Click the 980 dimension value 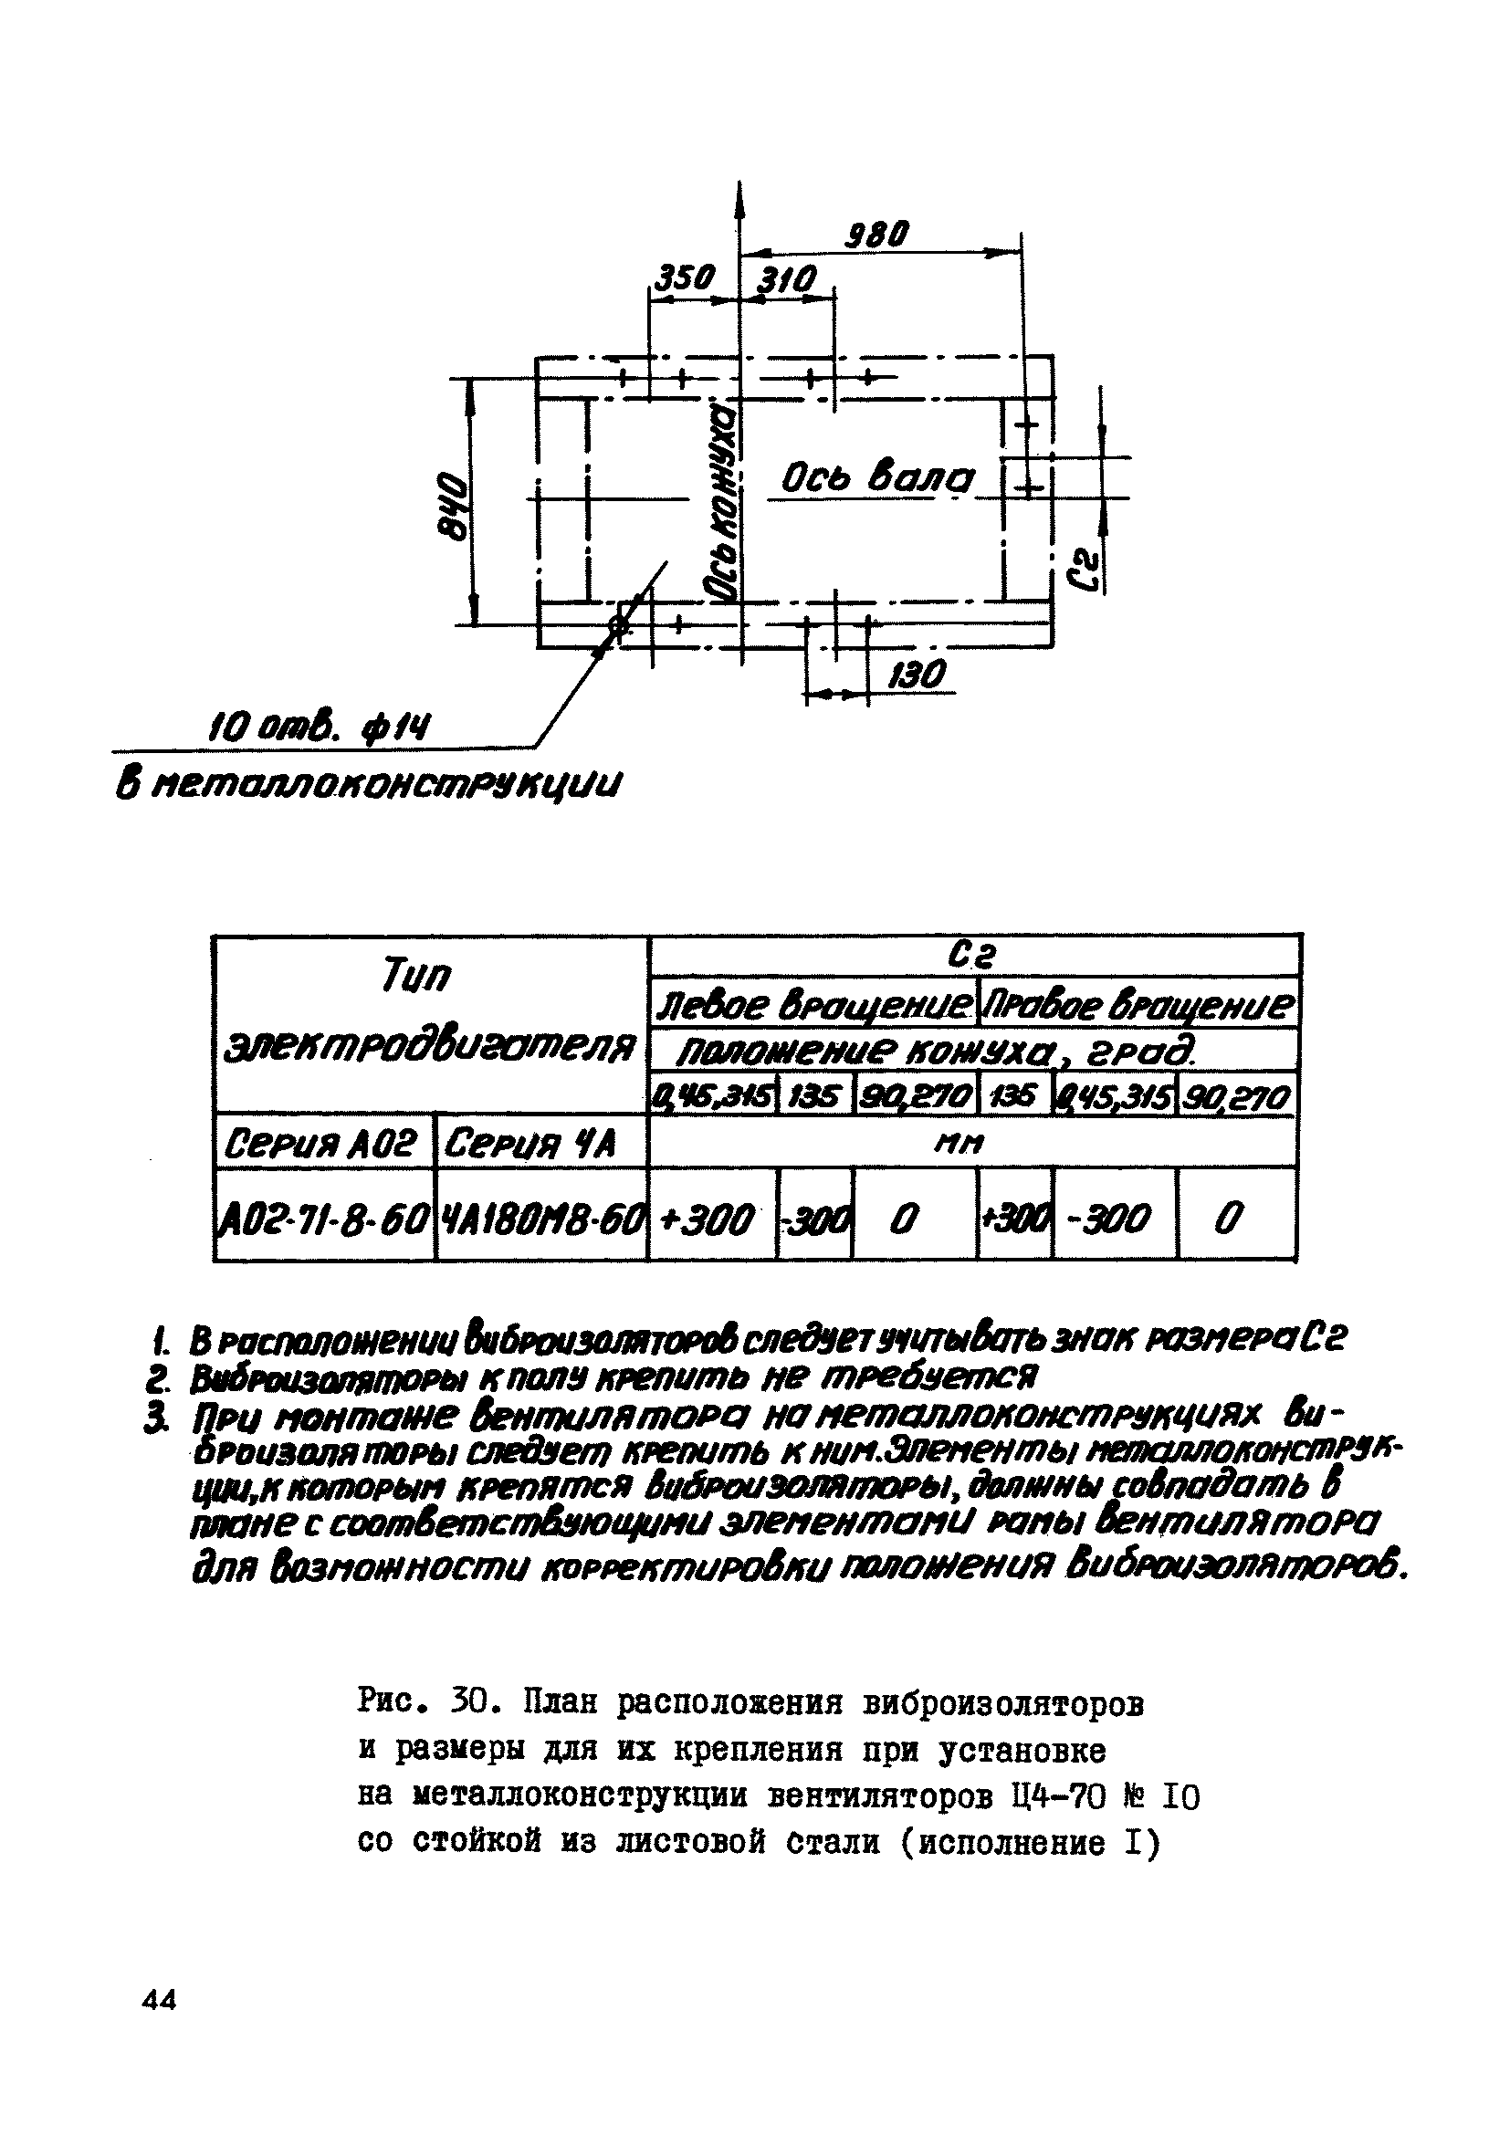point(876,234)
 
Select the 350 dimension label point(684,278)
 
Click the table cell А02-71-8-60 point(325,1219)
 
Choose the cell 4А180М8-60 point(543,1219)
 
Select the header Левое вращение point(813,1006)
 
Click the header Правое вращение point(1138,1006)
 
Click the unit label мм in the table point(971,1143)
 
